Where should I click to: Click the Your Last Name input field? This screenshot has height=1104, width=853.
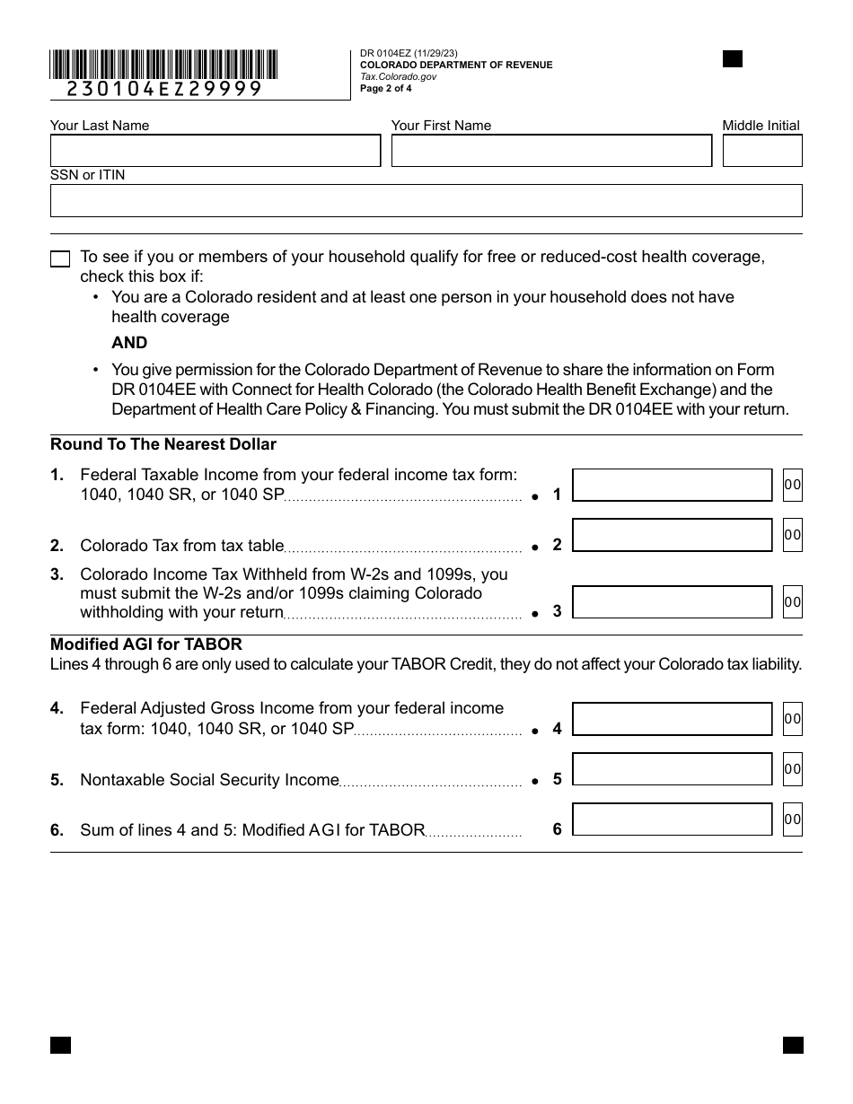click(215, 151)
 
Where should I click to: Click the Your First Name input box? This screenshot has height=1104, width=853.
click(551, 151)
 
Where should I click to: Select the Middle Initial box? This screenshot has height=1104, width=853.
click(761, 151)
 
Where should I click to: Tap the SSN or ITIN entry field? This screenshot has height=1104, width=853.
click(426, 201)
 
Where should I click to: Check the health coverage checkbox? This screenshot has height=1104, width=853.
click(60, 259)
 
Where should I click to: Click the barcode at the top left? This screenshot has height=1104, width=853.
click(163, 65)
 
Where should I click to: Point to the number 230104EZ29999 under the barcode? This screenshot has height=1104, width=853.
click(164, 89)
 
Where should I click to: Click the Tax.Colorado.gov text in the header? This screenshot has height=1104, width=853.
click(399, 77)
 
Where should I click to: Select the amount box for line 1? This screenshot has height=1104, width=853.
click(672, 485)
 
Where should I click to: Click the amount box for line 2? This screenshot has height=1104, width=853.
click(672, 535)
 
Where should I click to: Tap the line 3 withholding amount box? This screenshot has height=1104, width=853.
click(672, 602)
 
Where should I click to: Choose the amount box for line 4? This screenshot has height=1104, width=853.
click(672, 719)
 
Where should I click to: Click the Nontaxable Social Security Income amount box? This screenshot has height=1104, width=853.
click(672, 769)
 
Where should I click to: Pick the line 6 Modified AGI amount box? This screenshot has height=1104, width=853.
click(672, 819)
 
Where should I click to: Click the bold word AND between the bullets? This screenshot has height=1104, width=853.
click(129, 343)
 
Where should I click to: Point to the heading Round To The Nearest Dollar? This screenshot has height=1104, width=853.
click(163, 444)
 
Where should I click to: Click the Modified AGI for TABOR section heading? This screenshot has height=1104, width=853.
click(146, 644)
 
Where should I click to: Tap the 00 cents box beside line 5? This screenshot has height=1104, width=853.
click(792, 769)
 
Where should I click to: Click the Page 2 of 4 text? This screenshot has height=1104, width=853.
click(386, 89)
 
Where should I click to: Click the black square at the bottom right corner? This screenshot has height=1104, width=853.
click(792, 1045)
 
